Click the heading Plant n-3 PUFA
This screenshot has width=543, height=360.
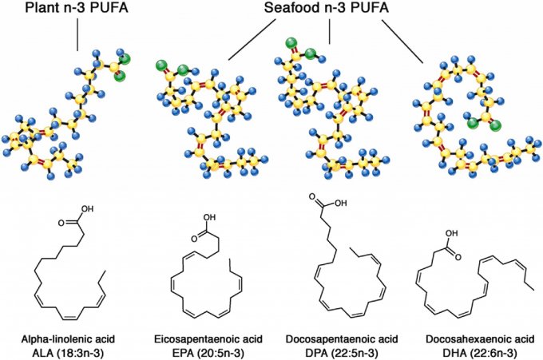(x=77, y=10)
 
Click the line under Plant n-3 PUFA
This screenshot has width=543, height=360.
(x=77, y=36)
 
